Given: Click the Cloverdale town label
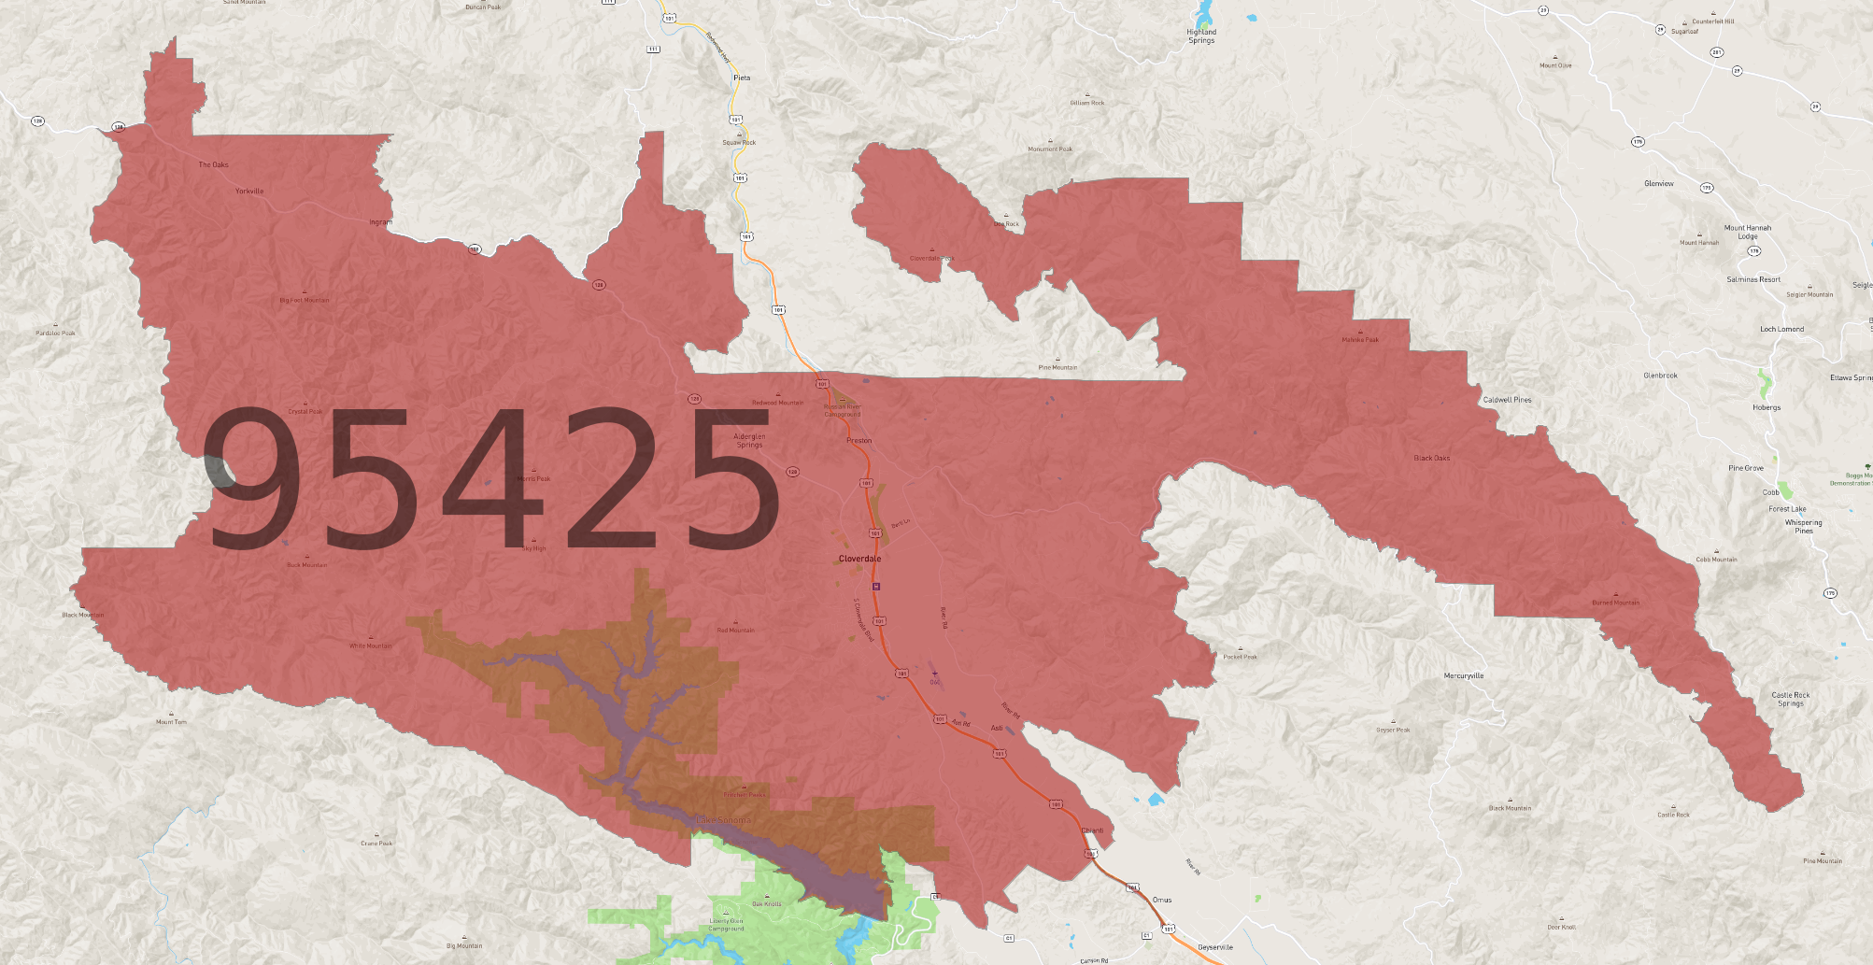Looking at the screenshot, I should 859,559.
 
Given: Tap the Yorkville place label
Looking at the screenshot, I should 249,192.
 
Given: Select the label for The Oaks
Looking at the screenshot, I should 213,165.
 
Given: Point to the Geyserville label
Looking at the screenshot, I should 1215,947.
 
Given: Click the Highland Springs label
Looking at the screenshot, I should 1201,36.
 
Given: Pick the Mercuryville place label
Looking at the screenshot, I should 1463,675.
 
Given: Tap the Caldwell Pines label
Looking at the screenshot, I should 1507,400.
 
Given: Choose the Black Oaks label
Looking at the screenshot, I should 1431,459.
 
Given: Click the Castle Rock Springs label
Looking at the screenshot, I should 1790,699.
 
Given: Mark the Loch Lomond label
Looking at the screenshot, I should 1781,329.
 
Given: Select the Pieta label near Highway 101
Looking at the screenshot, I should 742,78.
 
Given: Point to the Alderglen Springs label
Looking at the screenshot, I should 749,440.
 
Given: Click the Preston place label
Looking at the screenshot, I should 858,441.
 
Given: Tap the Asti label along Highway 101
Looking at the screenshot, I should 997,728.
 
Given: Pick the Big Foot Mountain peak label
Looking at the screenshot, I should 305,301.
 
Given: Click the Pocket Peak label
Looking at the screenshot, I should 1240,657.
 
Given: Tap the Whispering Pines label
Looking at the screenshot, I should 1803,526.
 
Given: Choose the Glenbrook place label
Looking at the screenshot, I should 1660,376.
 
